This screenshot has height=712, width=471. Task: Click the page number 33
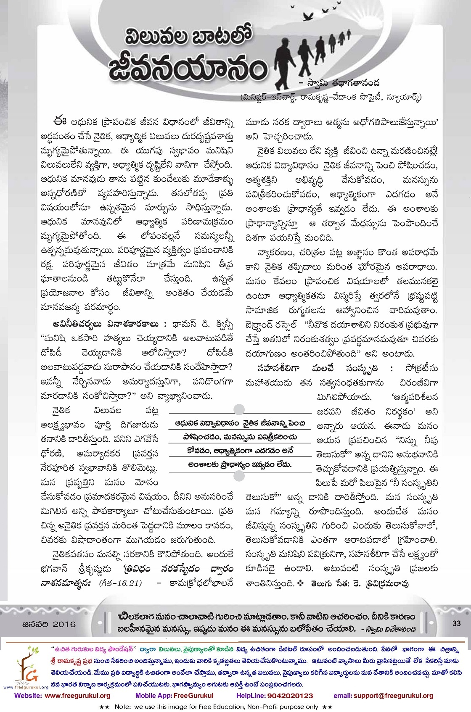point(456,624)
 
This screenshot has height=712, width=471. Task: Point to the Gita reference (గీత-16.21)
point(120,583)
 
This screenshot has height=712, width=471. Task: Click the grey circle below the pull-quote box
point(239,475)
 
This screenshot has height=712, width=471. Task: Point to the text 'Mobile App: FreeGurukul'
point(174,696)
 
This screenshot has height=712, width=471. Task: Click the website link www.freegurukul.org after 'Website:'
point(77,696)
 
